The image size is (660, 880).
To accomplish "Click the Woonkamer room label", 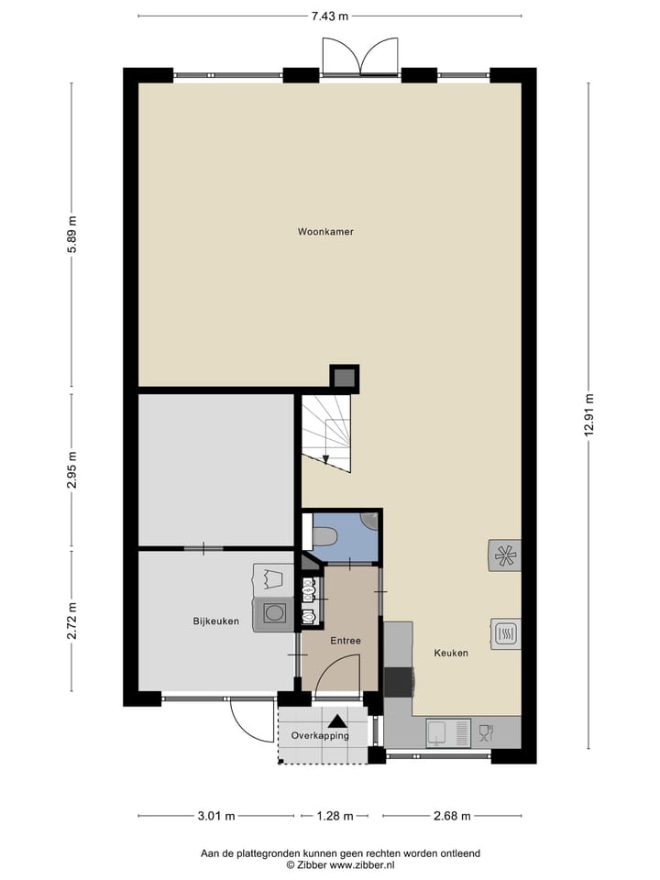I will click(325, 232).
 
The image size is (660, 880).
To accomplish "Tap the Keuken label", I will click(451, 653).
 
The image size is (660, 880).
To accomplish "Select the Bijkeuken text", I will click(215, 621).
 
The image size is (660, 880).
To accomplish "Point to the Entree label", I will click(346, 641).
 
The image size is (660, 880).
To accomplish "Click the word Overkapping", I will click(320, 736).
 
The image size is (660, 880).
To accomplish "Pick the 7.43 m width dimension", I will click(330, 16).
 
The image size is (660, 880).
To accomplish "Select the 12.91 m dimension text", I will click(588, 418).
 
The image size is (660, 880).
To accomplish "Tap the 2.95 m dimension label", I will click(71, 470).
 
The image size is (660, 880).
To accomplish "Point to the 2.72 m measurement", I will click(71, 621).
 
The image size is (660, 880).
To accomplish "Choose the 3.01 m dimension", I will click(217, 816).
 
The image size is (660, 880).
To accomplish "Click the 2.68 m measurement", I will click(452, 816).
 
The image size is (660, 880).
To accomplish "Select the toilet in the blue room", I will click(326, 534).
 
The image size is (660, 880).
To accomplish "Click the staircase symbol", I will click(328, 431).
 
